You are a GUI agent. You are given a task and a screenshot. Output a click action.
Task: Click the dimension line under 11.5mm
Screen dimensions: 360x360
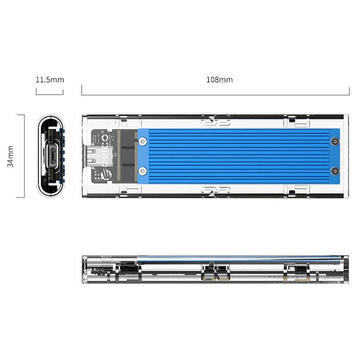50,93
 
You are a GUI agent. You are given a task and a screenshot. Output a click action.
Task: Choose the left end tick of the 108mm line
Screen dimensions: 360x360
80,93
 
